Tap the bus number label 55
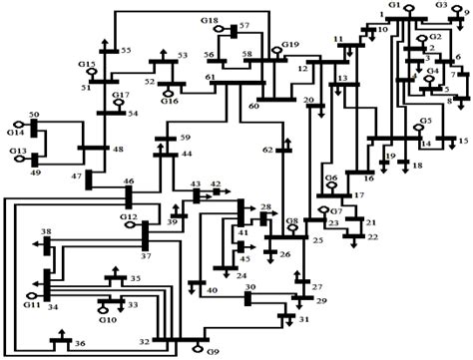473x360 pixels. click(x=126, y=50)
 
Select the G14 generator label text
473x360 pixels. click(x=15, y=132)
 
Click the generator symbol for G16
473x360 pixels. click(x=166, y=92)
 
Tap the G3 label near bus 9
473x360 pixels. click(x=441, y=5)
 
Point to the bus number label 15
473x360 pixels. click(x=462, y=142)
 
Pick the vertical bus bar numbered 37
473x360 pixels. click(x=145, y=235)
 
